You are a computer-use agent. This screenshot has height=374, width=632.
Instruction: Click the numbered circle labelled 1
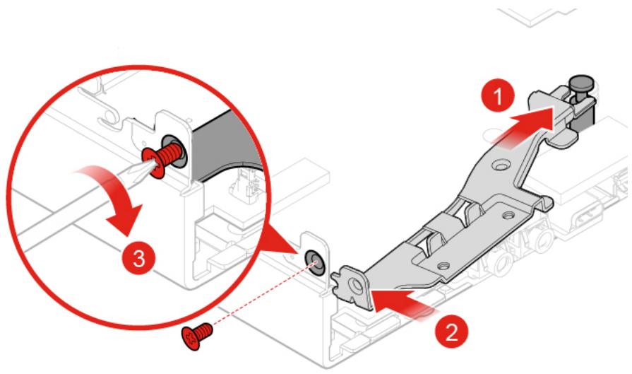(498, 95)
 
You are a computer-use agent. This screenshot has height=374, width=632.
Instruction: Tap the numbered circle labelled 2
(451, 332)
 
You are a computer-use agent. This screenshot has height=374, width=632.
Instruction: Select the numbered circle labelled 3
(139, 258)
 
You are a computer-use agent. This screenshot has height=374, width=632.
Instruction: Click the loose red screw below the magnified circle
(197, 336)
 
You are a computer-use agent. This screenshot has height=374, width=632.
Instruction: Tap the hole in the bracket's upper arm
(501, 166)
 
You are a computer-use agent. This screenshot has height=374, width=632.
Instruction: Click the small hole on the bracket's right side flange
(506, 216)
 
